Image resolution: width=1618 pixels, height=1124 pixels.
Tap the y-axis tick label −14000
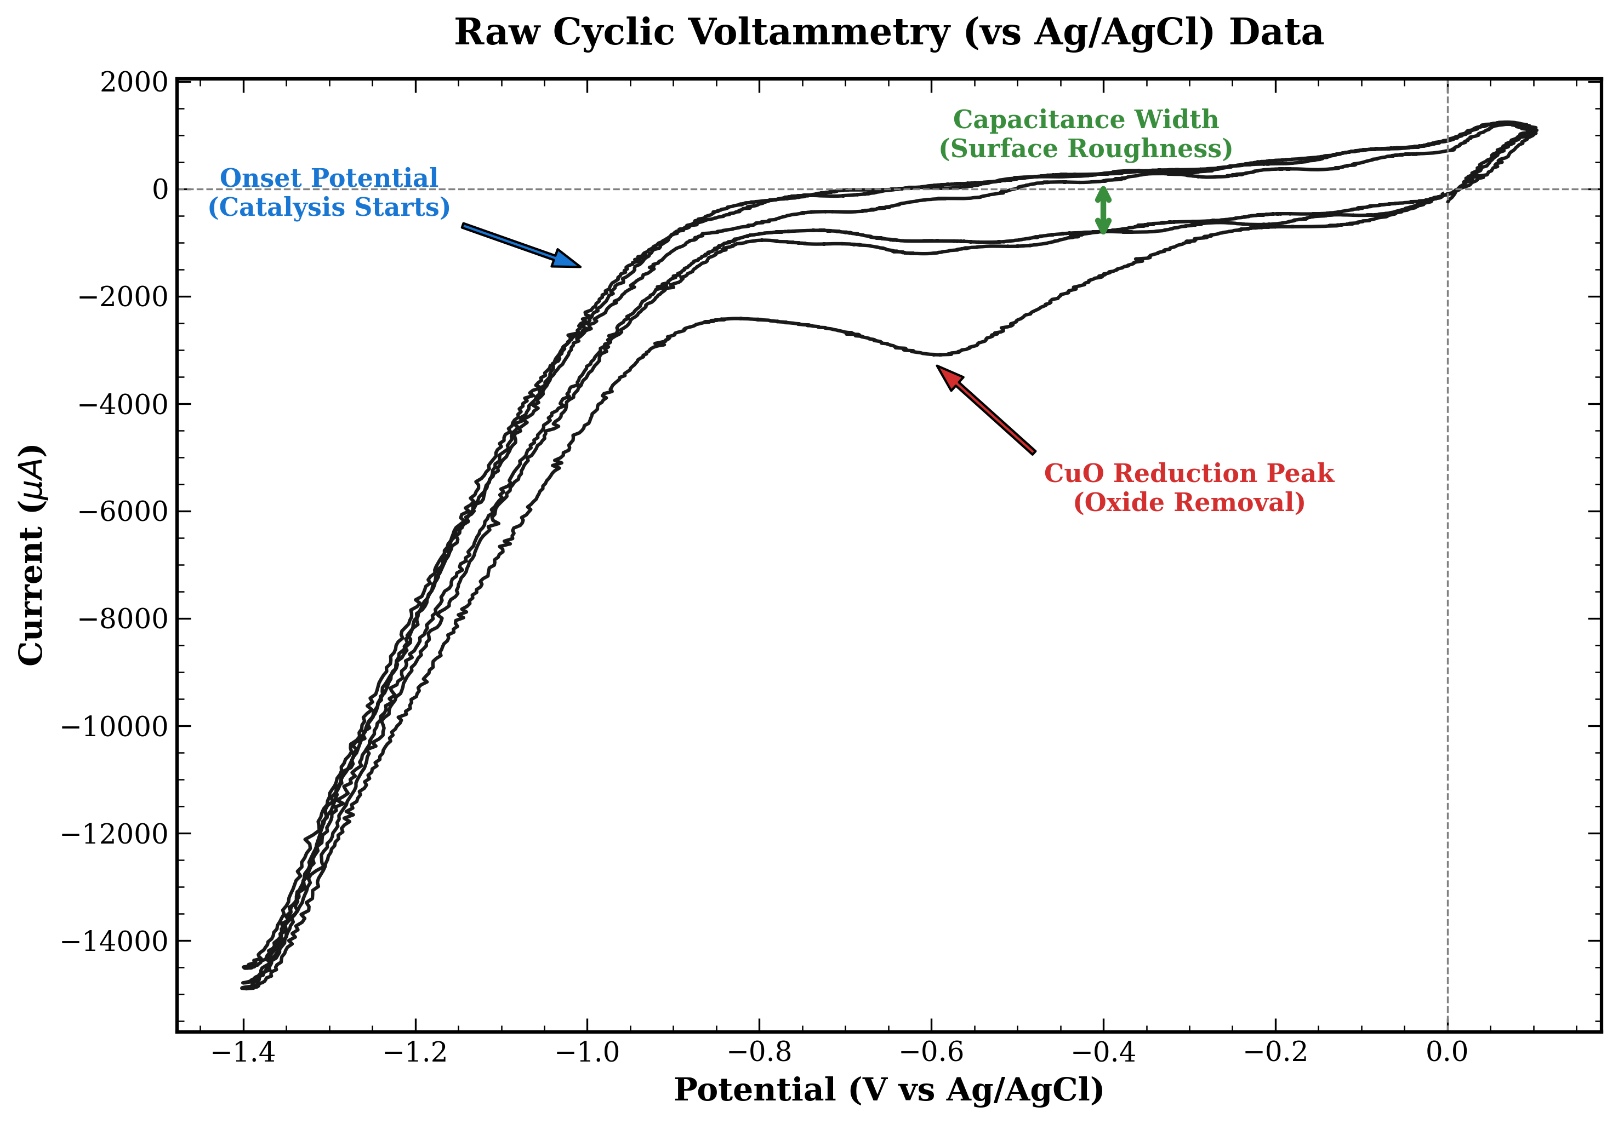(x=116, y=942)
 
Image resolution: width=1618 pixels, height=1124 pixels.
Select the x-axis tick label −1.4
(x=244, y=1052)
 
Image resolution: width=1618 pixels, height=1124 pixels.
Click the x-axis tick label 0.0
(x=1447, y=1052)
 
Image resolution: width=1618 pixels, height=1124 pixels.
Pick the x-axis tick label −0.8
(x=759, y=1052)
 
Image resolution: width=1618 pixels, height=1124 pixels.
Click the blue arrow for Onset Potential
(x=521, y=246)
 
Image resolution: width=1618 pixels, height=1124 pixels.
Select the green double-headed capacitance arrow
(x=1103, y=210)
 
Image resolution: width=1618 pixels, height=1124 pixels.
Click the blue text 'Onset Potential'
(x=329, y=178)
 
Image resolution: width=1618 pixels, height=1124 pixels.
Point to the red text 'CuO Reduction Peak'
(x=1189, y=473)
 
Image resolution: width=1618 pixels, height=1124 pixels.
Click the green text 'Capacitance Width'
(x=1085, y=120)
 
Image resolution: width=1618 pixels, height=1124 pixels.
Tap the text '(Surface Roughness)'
(x=1085, y=150)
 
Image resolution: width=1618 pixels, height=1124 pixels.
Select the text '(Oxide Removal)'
(x=1189, y=503)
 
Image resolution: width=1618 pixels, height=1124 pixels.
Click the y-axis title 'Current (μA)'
(x=32, y=554)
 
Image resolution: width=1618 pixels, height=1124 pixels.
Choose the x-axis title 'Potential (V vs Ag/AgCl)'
(x=888, y=1090)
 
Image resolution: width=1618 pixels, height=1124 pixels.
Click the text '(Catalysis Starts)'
(x=329, y=208)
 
